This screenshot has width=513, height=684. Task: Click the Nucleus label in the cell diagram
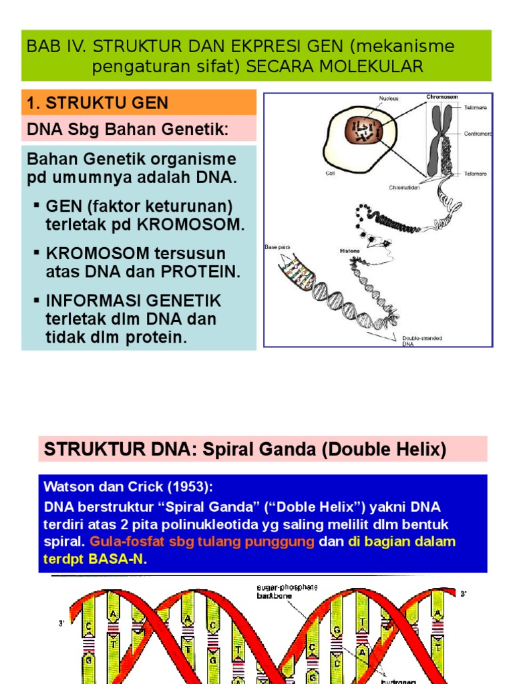point(389,98)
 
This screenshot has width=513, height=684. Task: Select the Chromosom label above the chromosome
point(442,97)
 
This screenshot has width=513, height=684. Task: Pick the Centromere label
point(478,133)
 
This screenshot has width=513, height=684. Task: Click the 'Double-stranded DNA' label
point(421,341)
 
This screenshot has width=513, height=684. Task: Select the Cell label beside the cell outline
point(331,172)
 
